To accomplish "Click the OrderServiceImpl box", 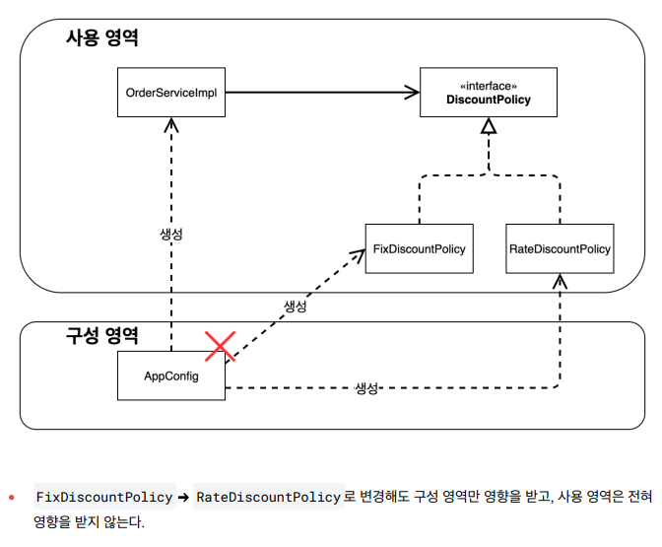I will click(x=171, y=93).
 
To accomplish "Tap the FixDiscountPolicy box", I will click(x=419, y=250).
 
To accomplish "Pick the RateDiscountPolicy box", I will click(x=560, y=250).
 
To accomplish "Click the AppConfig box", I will click(x=170, y=376).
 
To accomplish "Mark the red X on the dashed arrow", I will click(x=220, y=346).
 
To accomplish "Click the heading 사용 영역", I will click(x=101, y=38).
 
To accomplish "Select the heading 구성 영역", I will click(x=101, y=335).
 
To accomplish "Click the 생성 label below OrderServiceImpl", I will click(x=171, y=235).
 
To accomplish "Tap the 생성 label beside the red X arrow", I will click(x=295, y=307).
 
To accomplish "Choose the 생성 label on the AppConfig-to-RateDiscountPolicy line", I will click(x=366, y=388).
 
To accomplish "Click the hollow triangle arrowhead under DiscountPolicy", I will click(x=488, y=125).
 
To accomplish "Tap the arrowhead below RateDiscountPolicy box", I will click(x=560, y=282).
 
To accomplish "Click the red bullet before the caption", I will click(x=11, y=497).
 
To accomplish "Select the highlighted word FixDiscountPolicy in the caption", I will click(x=103, y=497).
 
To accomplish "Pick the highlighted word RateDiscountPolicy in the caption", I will click(x=268, y=497).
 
